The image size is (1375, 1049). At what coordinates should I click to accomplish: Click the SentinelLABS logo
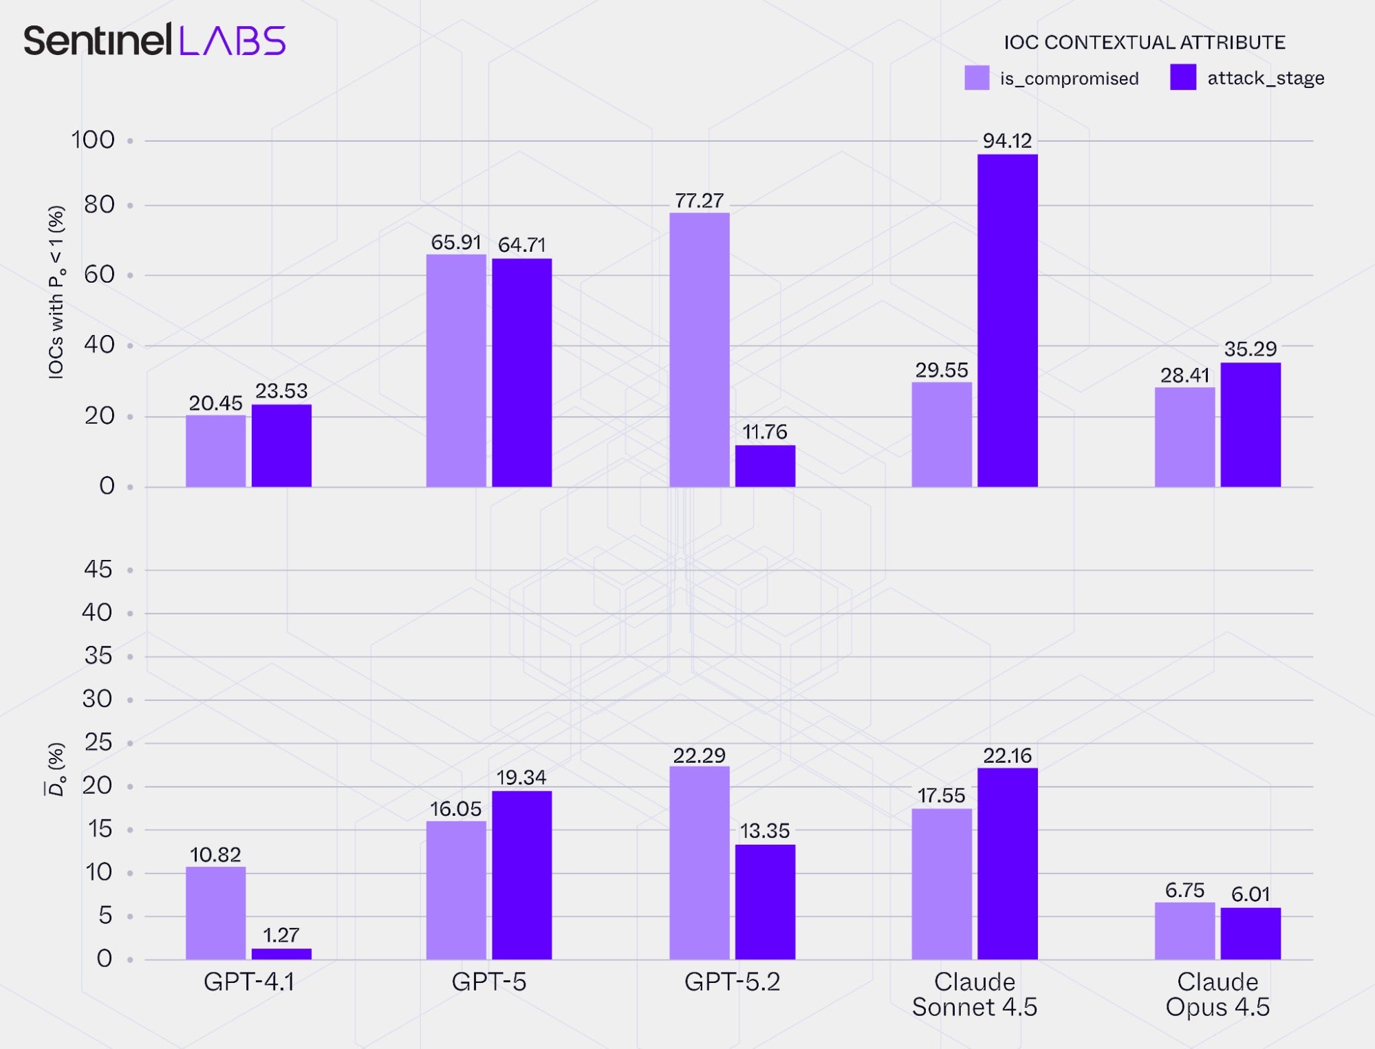pyautogui.click(x=155, y=40)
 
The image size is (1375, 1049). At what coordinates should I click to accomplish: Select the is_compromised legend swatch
pyautogui.click(x=977, y=78)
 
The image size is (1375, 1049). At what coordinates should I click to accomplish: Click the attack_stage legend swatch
pyautogui.click(x=1182, y=77)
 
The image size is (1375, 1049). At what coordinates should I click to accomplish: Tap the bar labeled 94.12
pyautogui.click(x=1007, y=321)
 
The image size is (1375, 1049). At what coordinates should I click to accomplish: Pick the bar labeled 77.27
pyautogui.click(x=699, y=349)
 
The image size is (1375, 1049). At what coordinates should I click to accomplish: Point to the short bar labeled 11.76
pyautogui.click(x=765, y=466)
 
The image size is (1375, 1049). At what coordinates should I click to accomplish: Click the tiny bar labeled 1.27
pyautogui.click(x=281, y=953)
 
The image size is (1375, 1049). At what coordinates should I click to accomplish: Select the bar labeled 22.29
pyautogui.click(x=699, y=863)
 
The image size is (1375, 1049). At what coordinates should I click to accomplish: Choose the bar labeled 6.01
pyautogui.click(x=1250, y=933)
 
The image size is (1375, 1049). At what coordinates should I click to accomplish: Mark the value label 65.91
pyautogui.click(x=455, y=242)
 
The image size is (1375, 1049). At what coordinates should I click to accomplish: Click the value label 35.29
pyautogui.click(x=1250, y=349)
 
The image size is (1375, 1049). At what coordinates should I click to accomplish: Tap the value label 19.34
pyautogui.click(x=521, y=777)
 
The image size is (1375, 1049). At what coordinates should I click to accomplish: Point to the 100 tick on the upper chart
pyautogui.click(x=93, y=140)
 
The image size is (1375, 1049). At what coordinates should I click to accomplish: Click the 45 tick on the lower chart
pyautogui.click(x=98, y=570)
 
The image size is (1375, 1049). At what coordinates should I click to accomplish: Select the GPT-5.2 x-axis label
pyautogui.click(x=732, y=982)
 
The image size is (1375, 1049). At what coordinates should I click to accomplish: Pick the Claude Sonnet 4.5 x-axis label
pyautogui.click(x=974, y=994)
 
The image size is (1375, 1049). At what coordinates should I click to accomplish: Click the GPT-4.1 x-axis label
pyautogui.click(x=249, y=982)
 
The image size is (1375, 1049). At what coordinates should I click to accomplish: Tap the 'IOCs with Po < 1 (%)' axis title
pyautogui.click(x=56, y=292)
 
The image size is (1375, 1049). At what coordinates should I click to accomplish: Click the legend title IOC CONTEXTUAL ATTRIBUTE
pyautogui.click(x=1144, y=43)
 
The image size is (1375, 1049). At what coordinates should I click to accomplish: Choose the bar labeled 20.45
pyautogui.click(x=215, y=451)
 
